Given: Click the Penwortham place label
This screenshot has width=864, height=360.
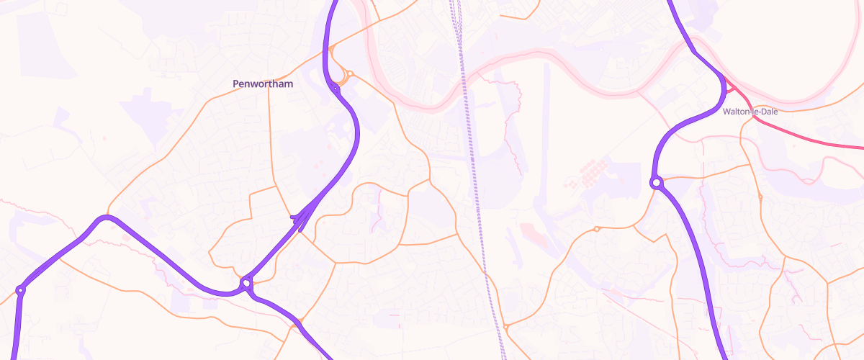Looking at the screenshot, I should pos(262,84).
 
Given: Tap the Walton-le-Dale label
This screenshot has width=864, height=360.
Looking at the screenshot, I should pos(752,112).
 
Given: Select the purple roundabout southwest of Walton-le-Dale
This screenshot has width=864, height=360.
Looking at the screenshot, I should pos(656,183).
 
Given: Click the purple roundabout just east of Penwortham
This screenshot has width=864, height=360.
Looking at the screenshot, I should pos(336,89).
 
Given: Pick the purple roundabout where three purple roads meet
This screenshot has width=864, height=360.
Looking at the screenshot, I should pos(246,283).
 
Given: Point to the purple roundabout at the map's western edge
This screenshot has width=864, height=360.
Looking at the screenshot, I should pos(20,290).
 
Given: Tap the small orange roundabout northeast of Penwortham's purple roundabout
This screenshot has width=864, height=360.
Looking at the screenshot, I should pos(350,73).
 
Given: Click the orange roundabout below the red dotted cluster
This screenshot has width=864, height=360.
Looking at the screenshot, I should pos(596,229).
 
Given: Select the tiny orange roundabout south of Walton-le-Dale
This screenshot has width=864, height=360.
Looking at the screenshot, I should pos(760,197).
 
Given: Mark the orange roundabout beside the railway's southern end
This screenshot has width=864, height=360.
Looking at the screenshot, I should pos(506,327).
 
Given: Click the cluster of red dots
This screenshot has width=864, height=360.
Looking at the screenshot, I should pos(589,174).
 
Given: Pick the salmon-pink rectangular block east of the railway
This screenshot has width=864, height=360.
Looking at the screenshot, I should pos(534,235).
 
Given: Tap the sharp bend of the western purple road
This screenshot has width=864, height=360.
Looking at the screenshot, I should pos(107,217).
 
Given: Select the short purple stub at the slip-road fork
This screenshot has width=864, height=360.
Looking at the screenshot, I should pos(294,216).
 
